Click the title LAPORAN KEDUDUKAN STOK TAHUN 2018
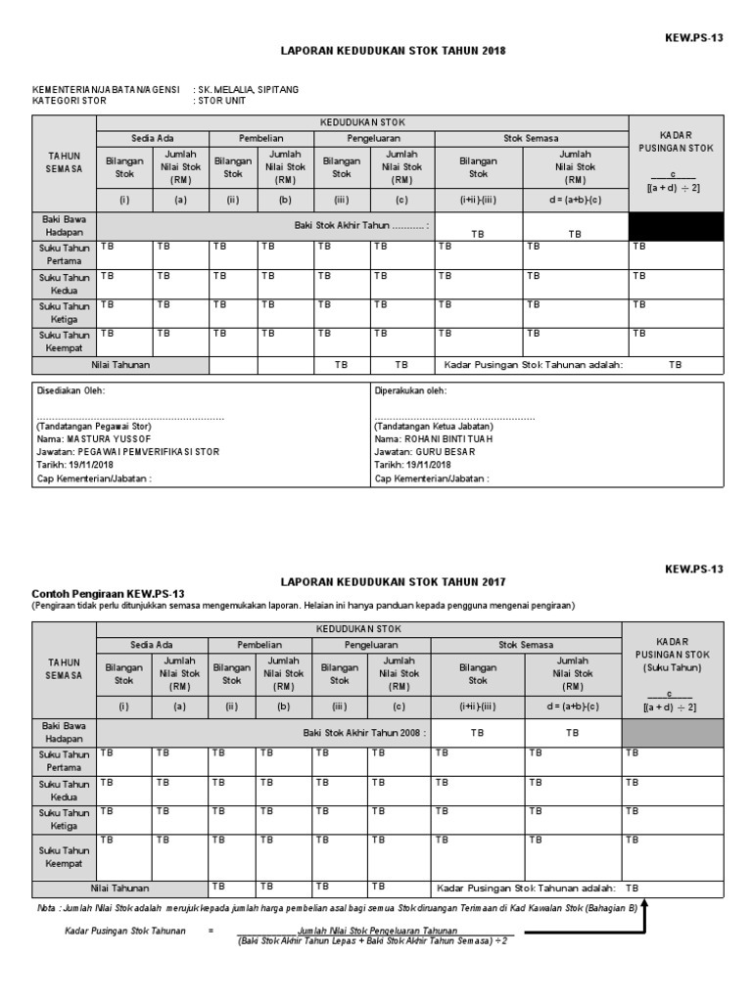point(395,50)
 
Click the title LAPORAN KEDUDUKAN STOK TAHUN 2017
point(395,581)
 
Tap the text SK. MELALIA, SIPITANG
point(248,89)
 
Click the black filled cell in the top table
point(676,227)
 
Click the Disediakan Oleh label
point(70,390)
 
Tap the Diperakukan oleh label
point(410,390)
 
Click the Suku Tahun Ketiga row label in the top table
point(65,313)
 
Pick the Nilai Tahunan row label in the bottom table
point(120,888)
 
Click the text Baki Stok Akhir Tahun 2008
point(364,732)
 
